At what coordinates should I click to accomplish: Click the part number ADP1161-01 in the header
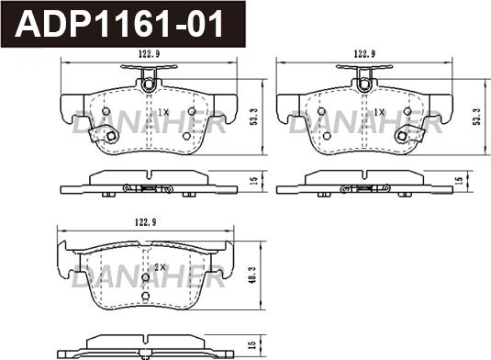point(119,24)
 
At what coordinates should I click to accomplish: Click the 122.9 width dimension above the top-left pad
point(149,54)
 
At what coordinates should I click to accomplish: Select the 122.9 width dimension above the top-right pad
point(364,54)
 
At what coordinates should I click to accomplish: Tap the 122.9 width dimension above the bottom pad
point(145,222)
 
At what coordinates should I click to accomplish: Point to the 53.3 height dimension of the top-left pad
point(254,117)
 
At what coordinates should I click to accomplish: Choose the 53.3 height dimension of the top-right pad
point(477,117)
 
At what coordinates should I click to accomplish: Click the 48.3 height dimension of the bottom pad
point(253,276)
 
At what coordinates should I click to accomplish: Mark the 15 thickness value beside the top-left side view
point(254,181)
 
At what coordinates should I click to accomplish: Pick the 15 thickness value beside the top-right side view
point(459,180)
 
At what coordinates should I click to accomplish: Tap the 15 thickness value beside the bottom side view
point(251,345)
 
